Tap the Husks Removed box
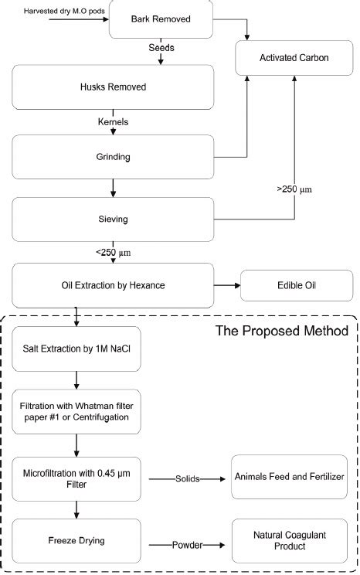point(113,87)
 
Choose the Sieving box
point(113,219)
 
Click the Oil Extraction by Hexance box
point(113,285)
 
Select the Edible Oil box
point(297,285)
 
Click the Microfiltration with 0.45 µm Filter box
point(76,478)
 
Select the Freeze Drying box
point(76,540)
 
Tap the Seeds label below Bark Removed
point(161,48)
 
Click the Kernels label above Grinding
point(112,121)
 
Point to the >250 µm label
point(294,188)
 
